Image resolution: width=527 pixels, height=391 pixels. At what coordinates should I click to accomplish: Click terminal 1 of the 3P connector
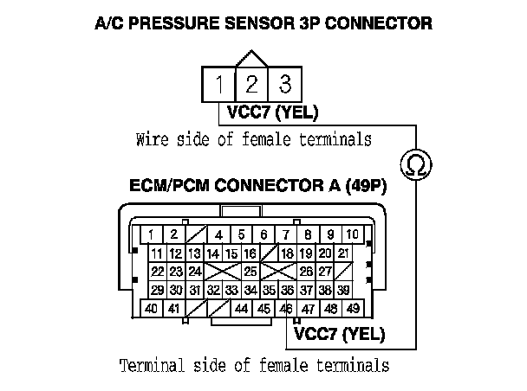coord(220,85)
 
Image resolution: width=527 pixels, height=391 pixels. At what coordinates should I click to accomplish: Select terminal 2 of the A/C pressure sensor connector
coord(252,85)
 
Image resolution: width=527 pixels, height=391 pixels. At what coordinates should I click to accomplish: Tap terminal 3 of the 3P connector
coord(283,85)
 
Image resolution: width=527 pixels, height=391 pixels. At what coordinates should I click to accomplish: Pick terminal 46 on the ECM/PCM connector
coord(287,308)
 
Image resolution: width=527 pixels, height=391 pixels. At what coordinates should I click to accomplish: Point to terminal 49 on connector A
coord(353,308)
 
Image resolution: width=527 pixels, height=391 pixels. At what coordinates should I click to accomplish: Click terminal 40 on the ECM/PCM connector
coord(151,308)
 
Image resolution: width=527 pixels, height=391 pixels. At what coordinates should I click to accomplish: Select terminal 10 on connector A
coord(353,234)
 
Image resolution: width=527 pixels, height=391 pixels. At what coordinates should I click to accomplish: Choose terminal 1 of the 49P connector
coord(151,234)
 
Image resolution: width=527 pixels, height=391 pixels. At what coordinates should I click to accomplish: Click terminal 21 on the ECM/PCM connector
coord(343,253)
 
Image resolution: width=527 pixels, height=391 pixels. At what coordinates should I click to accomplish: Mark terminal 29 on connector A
coord(157,290)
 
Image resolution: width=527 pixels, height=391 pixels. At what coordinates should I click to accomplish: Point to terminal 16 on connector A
coord(250,253)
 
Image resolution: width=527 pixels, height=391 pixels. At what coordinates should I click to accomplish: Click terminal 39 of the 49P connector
coord(343,290)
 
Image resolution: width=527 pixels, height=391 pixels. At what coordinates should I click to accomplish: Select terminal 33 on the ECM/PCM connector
coord(231,290)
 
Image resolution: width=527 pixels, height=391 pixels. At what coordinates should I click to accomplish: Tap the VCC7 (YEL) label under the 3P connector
coord(273,112)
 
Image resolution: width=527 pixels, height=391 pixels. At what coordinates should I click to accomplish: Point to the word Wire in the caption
coord(152,138)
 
